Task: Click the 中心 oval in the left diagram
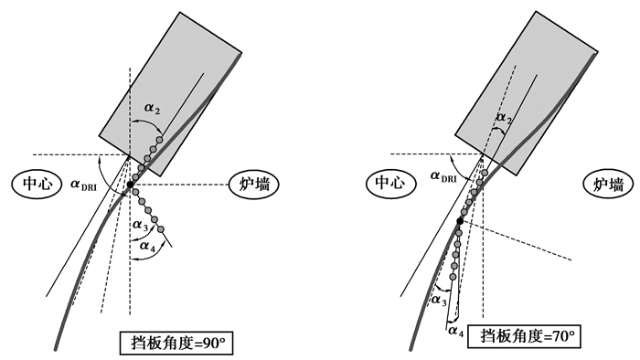click(x=37, y=185)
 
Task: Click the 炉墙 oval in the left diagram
click(x=253, y=185)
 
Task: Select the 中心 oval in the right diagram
click(x=391, y=183)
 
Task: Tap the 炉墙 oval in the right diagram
click(x=609, y=185)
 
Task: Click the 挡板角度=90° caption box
click(x=176, y=344)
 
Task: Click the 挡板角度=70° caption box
click(x=524, y=336)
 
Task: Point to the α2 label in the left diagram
click(x=152, y=109)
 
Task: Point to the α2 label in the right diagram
click(x=504, y=118)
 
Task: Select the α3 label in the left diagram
click(x=140, y=225)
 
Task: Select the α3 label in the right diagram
click(x=438, y=301)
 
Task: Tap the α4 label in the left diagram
click(x=147, y=246)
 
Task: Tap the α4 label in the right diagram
click(x=456, y=331)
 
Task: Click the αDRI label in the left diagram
click(x=84, y=185)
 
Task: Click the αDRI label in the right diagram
click(x=443, y=176)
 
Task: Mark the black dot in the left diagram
click(x=130, y=185)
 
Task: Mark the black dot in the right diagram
click(x=460, y=221)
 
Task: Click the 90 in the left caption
click(x=208, y=344)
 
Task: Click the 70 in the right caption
click(x=557, y=336)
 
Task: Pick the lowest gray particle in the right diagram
click(x=453, y=277)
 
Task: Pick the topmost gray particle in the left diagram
click(x=160, y=140)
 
